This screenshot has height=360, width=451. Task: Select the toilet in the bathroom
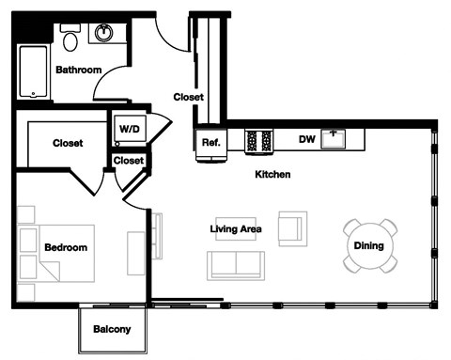tap(70, 37)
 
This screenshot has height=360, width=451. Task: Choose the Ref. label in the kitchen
tap(210, 142)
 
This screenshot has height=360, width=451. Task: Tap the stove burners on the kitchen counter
tap(258, 140)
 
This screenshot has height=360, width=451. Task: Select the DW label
tap(305, 139)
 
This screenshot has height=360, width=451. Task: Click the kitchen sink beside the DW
tap(334, 139)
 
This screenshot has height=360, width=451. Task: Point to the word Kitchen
tap(272, 175)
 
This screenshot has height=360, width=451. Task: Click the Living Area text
tap(235, 228)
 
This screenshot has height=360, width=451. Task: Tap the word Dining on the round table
tap(367, 246)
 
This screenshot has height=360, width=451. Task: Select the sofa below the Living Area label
tap(236, 265)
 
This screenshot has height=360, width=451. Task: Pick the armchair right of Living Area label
tap(292, 227)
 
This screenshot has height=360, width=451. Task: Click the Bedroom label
tap(65, 247)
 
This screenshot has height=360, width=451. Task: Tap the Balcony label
tap(111, 329)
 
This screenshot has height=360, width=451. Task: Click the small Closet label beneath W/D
tap(128, 160)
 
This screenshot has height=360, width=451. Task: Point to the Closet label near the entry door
tap(188, 96)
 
